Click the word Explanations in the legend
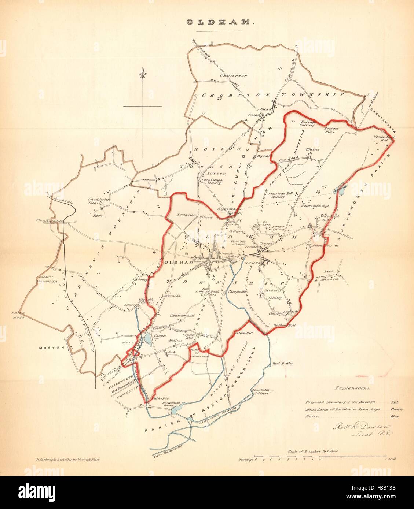coord(352,387)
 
